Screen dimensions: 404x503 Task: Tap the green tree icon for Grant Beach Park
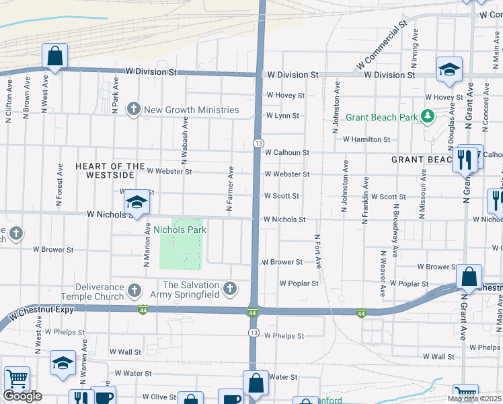point(427,117)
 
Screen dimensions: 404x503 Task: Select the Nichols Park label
point(180,230)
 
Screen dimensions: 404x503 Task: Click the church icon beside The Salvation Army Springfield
point(230,290)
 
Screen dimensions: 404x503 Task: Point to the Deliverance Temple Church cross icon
point(134,291)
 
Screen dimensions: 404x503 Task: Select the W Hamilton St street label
point(366,139)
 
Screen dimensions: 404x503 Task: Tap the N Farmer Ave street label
point(230,191)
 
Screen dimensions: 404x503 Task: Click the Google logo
point(22,396)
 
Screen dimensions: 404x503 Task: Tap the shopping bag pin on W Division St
point(54,57)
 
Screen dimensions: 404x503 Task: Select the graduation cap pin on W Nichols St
point(137,203)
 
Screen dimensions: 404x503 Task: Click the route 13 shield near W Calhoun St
point(258,143)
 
